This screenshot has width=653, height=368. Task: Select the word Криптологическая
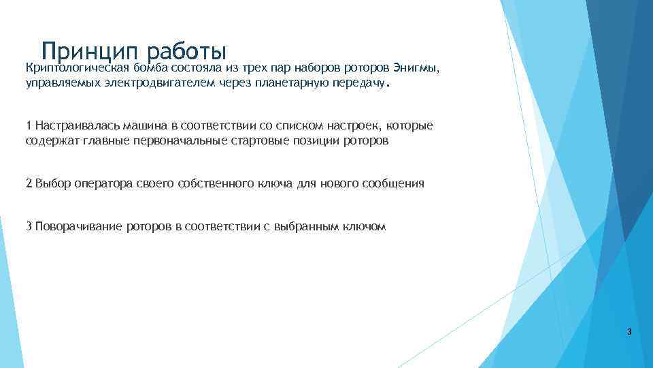tap(77, 68)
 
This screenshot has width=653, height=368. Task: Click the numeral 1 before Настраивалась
tap(29, 126)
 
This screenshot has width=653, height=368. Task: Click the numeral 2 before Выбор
tap(29, 184)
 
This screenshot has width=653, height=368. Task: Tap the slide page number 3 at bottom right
tap(629, 332)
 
